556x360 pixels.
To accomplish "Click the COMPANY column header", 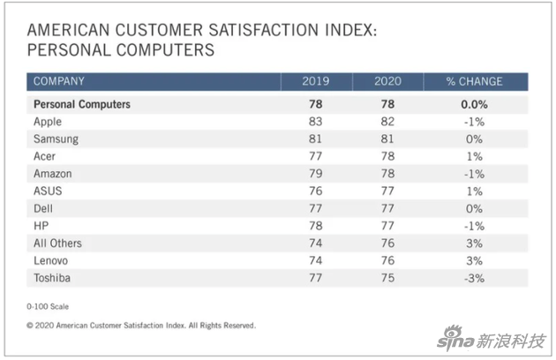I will click(59, 82).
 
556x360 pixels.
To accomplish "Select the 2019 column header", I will click(317, 82).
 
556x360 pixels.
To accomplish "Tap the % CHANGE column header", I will click(474, 82).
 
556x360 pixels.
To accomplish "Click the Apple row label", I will click(48, 122).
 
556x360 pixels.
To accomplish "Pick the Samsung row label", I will click(56, 139).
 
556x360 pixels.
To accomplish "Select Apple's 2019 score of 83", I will click(317, 122).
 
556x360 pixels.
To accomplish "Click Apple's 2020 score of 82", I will click(387, 122).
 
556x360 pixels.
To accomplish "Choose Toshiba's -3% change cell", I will click(474, 279).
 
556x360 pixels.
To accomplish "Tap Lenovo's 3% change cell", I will click(475, 261).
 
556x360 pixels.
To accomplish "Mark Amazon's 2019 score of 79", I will click(317, 174).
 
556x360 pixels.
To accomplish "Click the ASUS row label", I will click(48, 191).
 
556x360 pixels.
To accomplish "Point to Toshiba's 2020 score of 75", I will click(387, 279).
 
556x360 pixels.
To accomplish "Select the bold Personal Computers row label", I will click(81, 104).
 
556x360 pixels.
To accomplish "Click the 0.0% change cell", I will click(474, 104).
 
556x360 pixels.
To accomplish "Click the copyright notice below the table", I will click(141, 325).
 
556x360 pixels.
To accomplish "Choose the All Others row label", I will click(57, 244).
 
